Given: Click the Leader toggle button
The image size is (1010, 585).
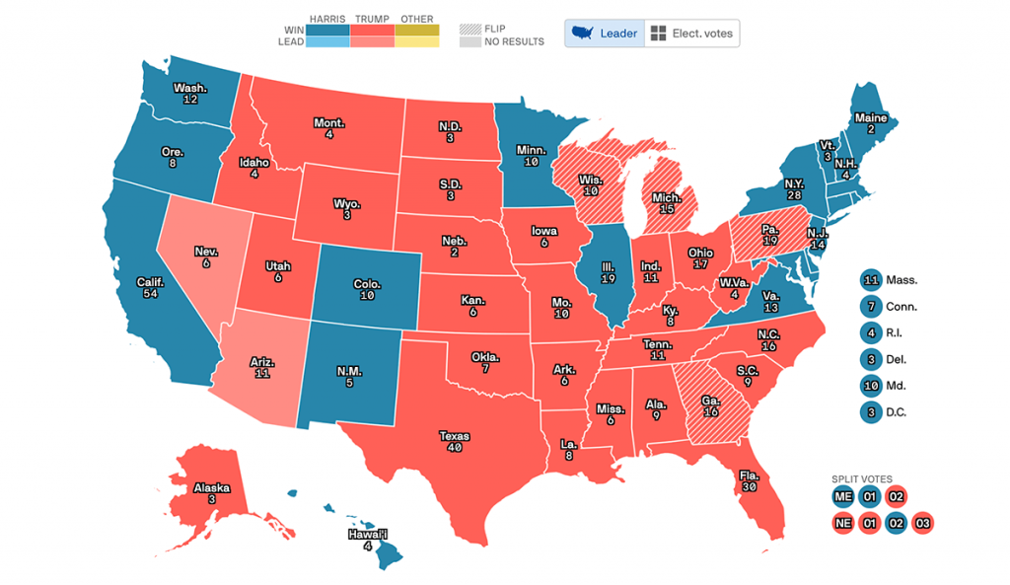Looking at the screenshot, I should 604,34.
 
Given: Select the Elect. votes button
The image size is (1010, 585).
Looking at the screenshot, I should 691,34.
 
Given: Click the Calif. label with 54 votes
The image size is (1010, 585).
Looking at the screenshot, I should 150,288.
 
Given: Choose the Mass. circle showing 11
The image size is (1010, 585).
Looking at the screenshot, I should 870,279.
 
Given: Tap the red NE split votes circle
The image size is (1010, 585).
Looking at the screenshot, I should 842,523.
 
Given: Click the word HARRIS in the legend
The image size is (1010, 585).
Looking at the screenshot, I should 325,19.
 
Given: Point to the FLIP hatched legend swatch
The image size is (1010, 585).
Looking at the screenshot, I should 469,28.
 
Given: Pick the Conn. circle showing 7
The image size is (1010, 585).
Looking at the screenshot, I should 870,306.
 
